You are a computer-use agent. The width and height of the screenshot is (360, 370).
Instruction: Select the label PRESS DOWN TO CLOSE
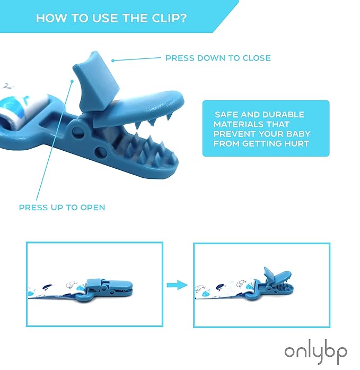click(218, 58)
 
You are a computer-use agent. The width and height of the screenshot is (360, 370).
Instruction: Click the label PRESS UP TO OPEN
click(62, 208)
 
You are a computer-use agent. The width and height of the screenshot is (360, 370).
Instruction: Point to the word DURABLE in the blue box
click(283, 115)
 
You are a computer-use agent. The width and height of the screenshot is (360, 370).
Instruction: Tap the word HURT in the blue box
click(297, 144)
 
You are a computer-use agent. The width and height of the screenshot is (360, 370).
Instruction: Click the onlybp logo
click(315, 353)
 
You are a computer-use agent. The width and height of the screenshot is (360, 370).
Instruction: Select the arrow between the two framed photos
click(177, 285)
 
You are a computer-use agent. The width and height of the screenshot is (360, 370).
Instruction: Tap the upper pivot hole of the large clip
click(78, 132)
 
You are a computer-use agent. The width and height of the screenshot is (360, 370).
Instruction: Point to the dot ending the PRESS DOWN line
click(113, 61)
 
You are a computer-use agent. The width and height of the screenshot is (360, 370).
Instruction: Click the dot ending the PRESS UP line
click(72, 81)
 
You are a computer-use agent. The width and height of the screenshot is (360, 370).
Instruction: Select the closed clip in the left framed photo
click(104, 290)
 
